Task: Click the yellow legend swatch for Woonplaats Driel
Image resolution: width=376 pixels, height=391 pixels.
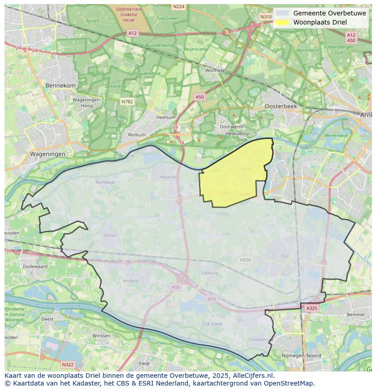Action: point(282,22)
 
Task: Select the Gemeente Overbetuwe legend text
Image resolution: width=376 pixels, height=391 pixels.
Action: point(329,13)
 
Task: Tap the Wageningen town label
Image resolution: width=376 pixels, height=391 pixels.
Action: point(48,154)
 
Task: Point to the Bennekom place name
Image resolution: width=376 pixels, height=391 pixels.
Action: point(60,85)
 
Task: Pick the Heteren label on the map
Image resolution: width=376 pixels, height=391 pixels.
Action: point(168,177)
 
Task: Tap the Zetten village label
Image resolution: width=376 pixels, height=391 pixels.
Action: point(110,235)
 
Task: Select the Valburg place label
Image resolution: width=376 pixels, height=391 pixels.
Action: point(210,273)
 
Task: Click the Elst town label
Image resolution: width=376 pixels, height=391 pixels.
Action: point(285,256)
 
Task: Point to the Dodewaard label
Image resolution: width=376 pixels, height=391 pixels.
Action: point(35,267)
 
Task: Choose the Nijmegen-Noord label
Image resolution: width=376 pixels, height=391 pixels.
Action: point(302,356)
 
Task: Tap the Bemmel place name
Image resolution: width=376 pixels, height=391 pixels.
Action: point(355,314)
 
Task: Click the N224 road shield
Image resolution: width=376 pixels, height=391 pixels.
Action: point(179,7)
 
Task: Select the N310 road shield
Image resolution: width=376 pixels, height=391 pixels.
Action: point(266,16)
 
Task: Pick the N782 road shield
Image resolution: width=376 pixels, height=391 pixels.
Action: point(127,102)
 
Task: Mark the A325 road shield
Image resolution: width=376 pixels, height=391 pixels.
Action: point(312,308)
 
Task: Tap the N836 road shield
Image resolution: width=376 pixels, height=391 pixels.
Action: point(245,260)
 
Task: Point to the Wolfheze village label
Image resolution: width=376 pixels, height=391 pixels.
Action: point(215,70)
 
